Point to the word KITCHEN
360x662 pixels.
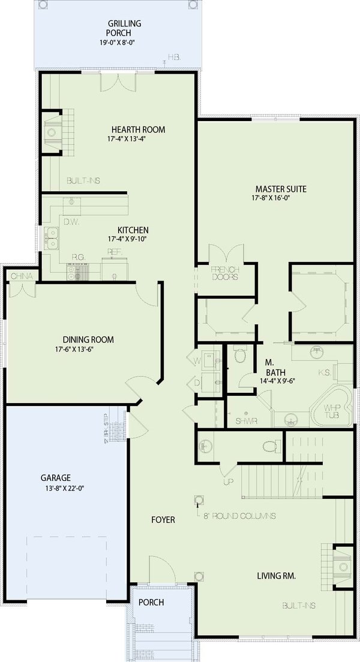133,230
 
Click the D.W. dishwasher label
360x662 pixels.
71,222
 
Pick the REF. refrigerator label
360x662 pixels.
114,252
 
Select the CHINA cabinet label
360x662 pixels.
21,276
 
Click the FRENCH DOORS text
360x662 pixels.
226,273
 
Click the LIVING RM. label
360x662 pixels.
277,576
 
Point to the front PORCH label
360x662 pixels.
151,602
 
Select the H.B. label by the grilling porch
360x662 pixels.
174,57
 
